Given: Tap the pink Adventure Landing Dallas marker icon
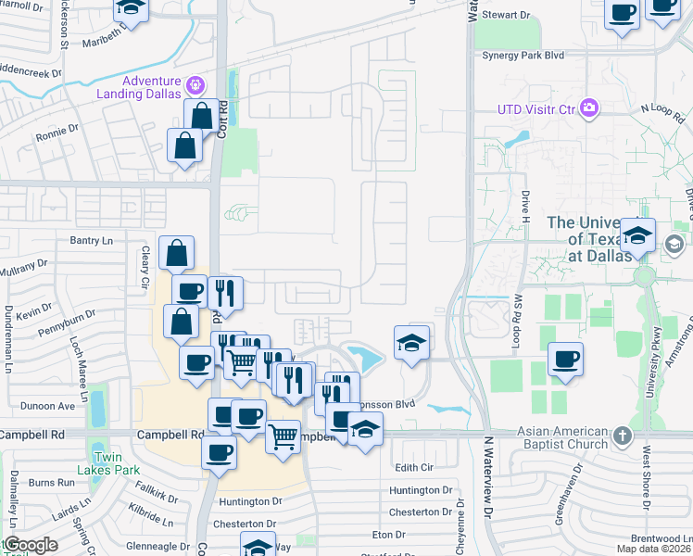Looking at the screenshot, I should [195, 86].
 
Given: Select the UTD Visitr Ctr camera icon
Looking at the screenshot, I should [589, 109].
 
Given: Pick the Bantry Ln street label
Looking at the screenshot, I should [91, 241].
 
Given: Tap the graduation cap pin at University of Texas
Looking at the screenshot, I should [637, 235].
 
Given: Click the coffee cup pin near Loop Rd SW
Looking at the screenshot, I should [565, 360].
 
